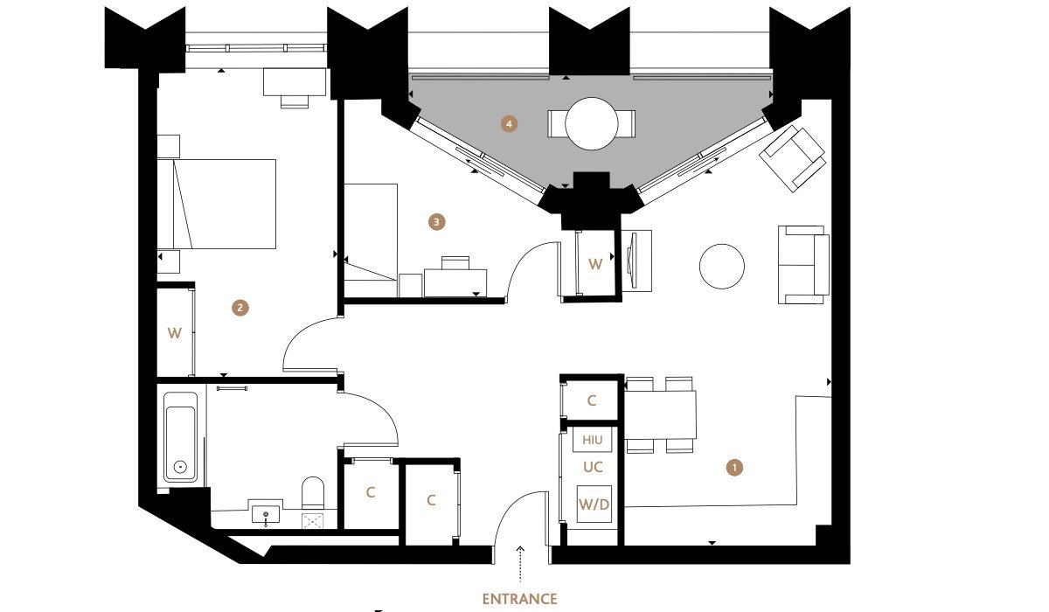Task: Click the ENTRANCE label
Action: coord(519,599)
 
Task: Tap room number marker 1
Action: coord(733,468)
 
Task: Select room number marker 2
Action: coord(240,308)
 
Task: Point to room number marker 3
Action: coord(436,222)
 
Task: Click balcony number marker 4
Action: coord(509,124)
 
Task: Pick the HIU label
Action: coord(592,440)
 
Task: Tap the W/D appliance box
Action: coord(594,504)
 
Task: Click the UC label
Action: coord(593,467)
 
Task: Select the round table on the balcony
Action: coord(592,123)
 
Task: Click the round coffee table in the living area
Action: coord(722,267)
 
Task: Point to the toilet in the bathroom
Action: coord(313,493)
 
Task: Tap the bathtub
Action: coord(181,437)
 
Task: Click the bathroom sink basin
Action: coord(266,514)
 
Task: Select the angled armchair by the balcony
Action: coord(792,158)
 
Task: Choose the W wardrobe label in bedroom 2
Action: coord(174,333)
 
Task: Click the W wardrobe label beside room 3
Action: coord(595,264)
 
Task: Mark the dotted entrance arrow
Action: coord(520,564)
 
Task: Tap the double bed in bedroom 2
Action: coord(217,204)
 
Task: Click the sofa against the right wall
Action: coord(803,265)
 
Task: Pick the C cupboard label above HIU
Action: coord(592,400)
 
